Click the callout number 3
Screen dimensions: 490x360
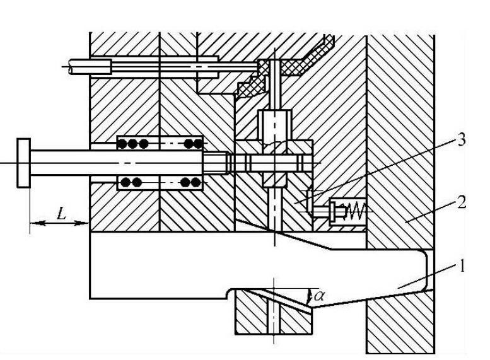462,140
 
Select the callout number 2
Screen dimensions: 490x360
462,203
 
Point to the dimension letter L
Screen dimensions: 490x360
61,213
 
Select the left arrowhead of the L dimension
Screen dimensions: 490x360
34,221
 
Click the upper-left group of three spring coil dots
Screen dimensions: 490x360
133,143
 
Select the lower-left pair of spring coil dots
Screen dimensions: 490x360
131,182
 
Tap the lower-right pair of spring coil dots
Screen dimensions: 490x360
189,182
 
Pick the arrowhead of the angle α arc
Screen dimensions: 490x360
310,300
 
